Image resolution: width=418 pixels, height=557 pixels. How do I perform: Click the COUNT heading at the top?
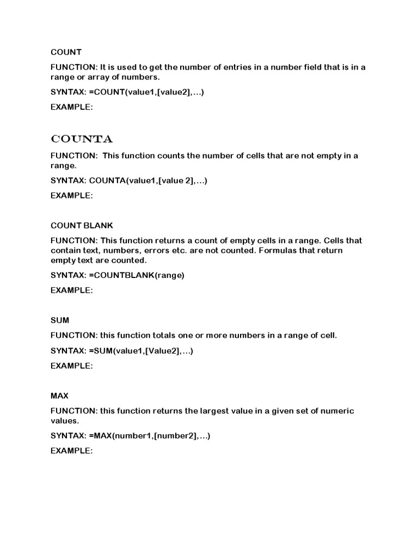click(66, 52)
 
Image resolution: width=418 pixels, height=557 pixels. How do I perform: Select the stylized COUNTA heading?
click(82, 139)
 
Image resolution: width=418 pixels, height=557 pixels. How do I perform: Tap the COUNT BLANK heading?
click(82, 225)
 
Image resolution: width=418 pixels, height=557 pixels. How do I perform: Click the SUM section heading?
click(60, 320)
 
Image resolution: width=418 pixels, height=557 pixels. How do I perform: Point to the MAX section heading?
click(59, 395)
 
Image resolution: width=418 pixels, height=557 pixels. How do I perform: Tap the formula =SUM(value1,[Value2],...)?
click(141, 351)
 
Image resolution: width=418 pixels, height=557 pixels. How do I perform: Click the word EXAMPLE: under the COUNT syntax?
click(72, 107)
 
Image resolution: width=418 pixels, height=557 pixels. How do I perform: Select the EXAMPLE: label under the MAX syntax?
click(72, 451)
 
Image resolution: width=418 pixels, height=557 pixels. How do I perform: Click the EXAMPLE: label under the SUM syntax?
click(72, 366)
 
